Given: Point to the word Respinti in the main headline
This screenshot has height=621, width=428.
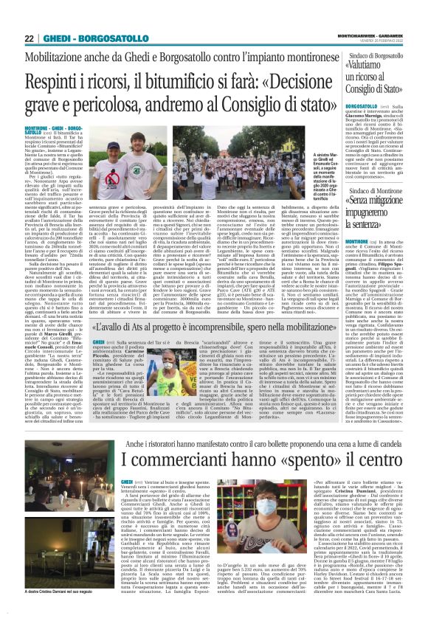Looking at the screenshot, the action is tap(59, 80).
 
